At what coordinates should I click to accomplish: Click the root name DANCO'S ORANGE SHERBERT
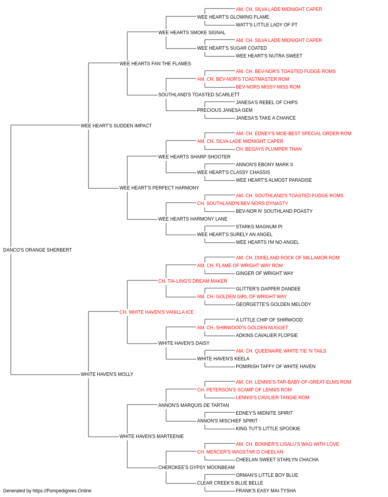pos(38,250)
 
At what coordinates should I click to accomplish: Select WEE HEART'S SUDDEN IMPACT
pos(116,126)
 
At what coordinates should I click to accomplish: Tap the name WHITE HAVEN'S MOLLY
pos(107,374)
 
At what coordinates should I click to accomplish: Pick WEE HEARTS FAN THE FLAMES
pos(155,64)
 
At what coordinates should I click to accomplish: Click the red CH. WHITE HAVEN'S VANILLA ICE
pos(156,312)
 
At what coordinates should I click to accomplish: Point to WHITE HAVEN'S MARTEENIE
pos(151,436)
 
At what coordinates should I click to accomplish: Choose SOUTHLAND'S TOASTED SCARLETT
pos(199,95)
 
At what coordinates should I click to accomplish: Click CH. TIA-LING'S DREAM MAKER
pos(192,281)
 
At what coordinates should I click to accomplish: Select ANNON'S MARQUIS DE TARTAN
pos(194,405)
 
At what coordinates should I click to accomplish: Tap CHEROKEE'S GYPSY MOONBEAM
pos(196,467)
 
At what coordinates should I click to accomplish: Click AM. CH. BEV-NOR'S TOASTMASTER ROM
pos(243,79)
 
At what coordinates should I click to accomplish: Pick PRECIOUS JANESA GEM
pos(225,110)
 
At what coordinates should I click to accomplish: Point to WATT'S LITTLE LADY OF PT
pos(267,25)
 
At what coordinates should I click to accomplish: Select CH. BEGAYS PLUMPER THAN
pos(269,149)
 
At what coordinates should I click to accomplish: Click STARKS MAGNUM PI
pos(259,227)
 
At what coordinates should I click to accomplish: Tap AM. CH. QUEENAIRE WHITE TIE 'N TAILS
pos(281,351)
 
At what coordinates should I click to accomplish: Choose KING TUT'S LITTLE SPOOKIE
pos(268,429)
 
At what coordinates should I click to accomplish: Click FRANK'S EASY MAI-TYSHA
pos(266,491)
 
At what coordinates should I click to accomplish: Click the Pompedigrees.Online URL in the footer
pos(62,491)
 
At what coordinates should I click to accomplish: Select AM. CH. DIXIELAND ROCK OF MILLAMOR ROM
pos(288,258)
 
